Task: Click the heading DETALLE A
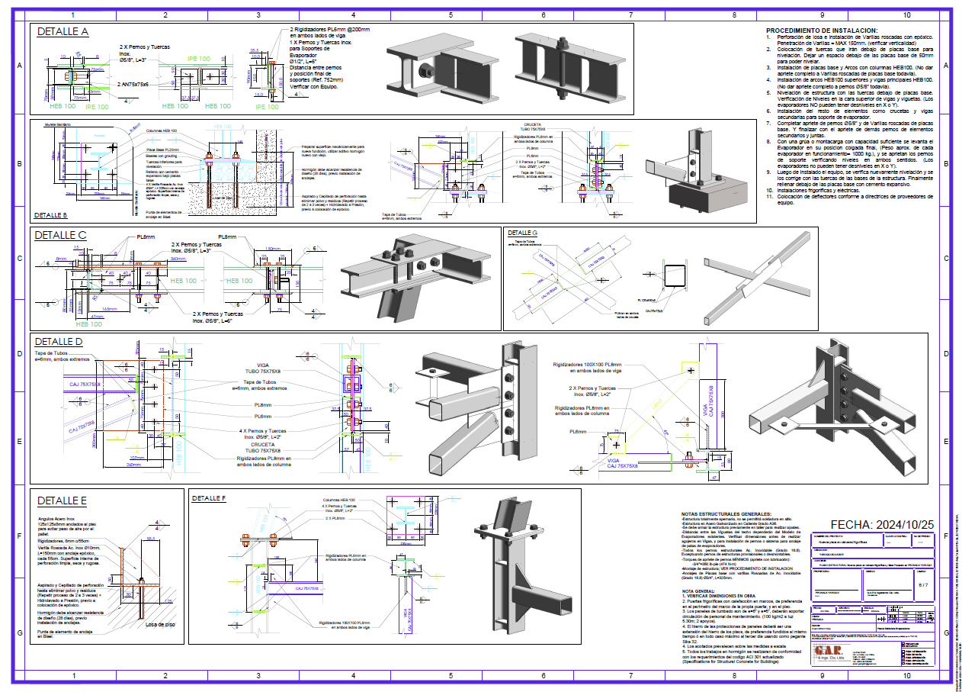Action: pos(63,32)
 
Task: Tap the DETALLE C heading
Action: pos(61,236)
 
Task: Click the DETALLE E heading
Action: pos(62,501)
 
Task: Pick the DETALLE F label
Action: pos(209,497)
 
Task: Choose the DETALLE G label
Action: pos(523,233)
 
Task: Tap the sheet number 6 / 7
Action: pos(924,585)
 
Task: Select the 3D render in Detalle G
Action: pos(755,276)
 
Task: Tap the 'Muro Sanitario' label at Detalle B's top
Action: pos(57,124)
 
